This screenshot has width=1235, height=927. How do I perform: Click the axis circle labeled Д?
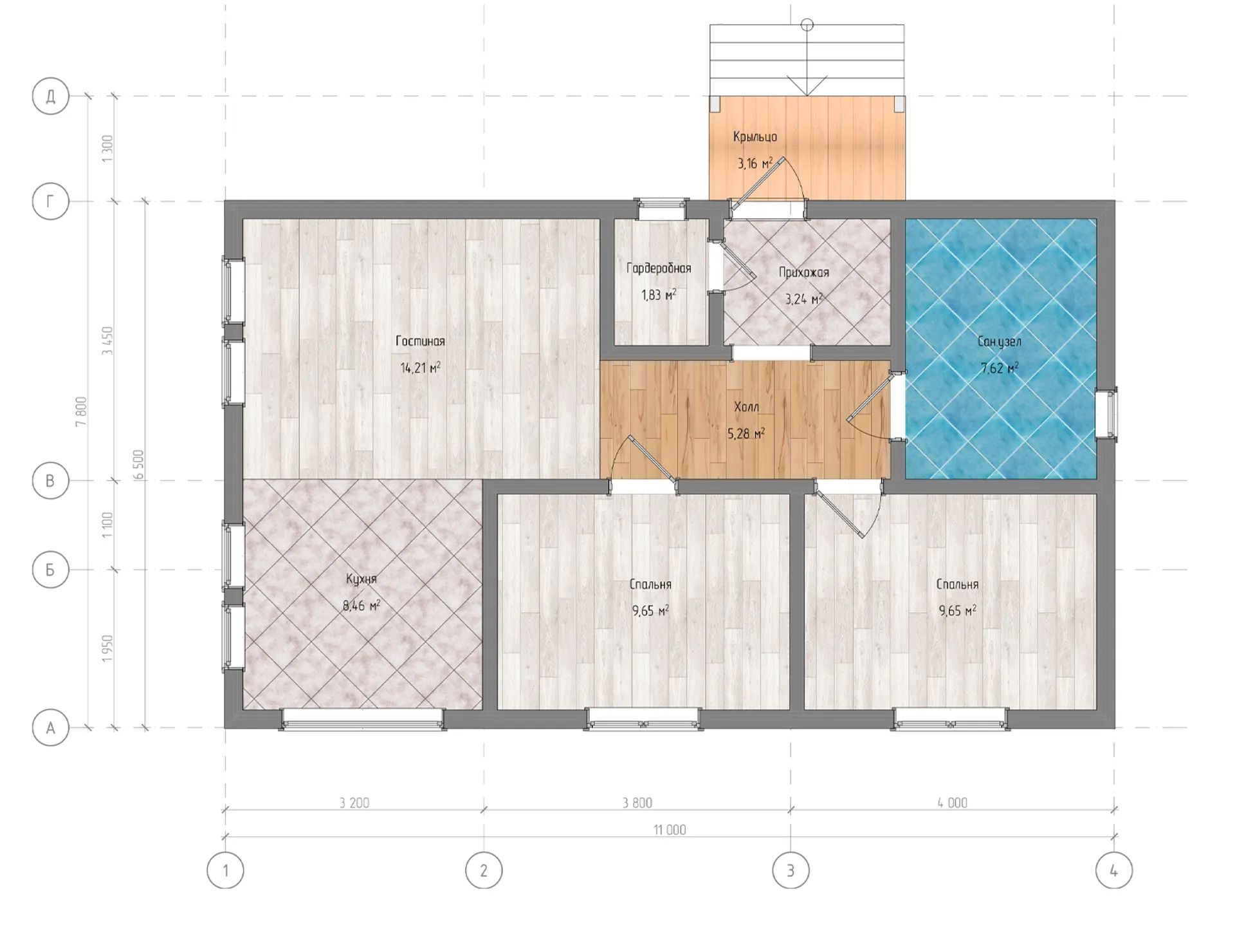[50, 97]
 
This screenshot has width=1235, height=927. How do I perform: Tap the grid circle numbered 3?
[791, 870]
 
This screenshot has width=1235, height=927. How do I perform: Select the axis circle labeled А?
[50, 728]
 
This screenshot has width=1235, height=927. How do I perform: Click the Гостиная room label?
[420, 341]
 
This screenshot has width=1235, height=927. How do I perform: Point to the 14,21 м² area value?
[420, 368]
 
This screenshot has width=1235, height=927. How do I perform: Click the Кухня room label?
[361, 579]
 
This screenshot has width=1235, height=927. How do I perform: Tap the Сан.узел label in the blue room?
[999, 341]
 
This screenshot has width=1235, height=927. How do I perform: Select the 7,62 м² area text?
[999, 368]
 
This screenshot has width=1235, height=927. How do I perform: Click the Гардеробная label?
[659, 268]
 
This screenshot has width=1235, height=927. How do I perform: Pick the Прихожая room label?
[803, 272]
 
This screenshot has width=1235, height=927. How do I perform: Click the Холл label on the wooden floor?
[746, 407]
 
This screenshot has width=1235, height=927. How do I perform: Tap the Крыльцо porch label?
[755, 136]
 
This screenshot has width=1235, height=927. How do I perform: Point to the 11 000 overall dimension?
[670, 830]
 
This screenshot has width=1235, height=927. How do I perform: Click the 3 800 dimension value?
[637, 803]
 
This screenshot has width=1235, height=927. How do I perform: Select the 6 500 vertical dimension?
[139, 465]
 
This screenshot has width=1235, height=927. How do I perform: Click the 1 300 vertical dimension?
[107, 149]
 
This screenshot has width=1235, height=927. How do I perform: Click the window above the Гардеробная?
[661, 207]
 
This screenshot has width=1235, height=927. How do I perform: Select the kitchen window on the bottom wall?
[362, 720]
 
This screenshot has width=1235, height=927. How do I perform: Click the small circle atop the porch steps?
[807, 25]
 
